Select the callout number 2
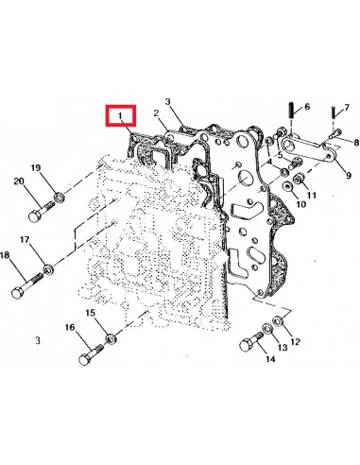(x=148, y=114)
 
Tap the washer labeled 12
(x=277, y=326)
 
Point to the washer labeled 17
(x=49, y=271)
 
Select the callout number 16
(x=70, y=327)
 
